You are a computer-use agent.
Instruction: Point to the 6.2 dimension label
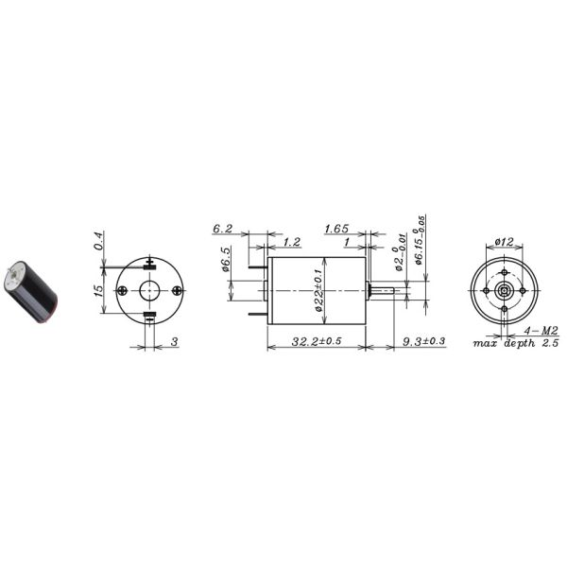pos(223,230)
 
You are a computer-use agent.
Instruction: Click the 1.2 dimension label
pos(290,243)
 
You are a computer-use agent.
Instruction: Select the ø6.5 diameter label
pos(227,260)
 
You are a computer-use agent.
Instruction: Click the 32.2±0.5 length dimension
pos(317,340)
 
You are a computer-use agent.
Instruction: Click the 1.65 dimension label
pos(336,230)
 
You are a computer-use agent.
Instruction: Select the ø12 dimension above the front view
pos(504,243)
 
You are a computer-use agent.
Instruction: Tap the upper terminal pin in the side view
pos(258,267)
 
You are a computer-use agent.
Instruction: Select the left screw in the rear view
pos(124,290)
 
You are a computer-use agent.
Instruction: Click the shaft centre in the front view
pos(504,290)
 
